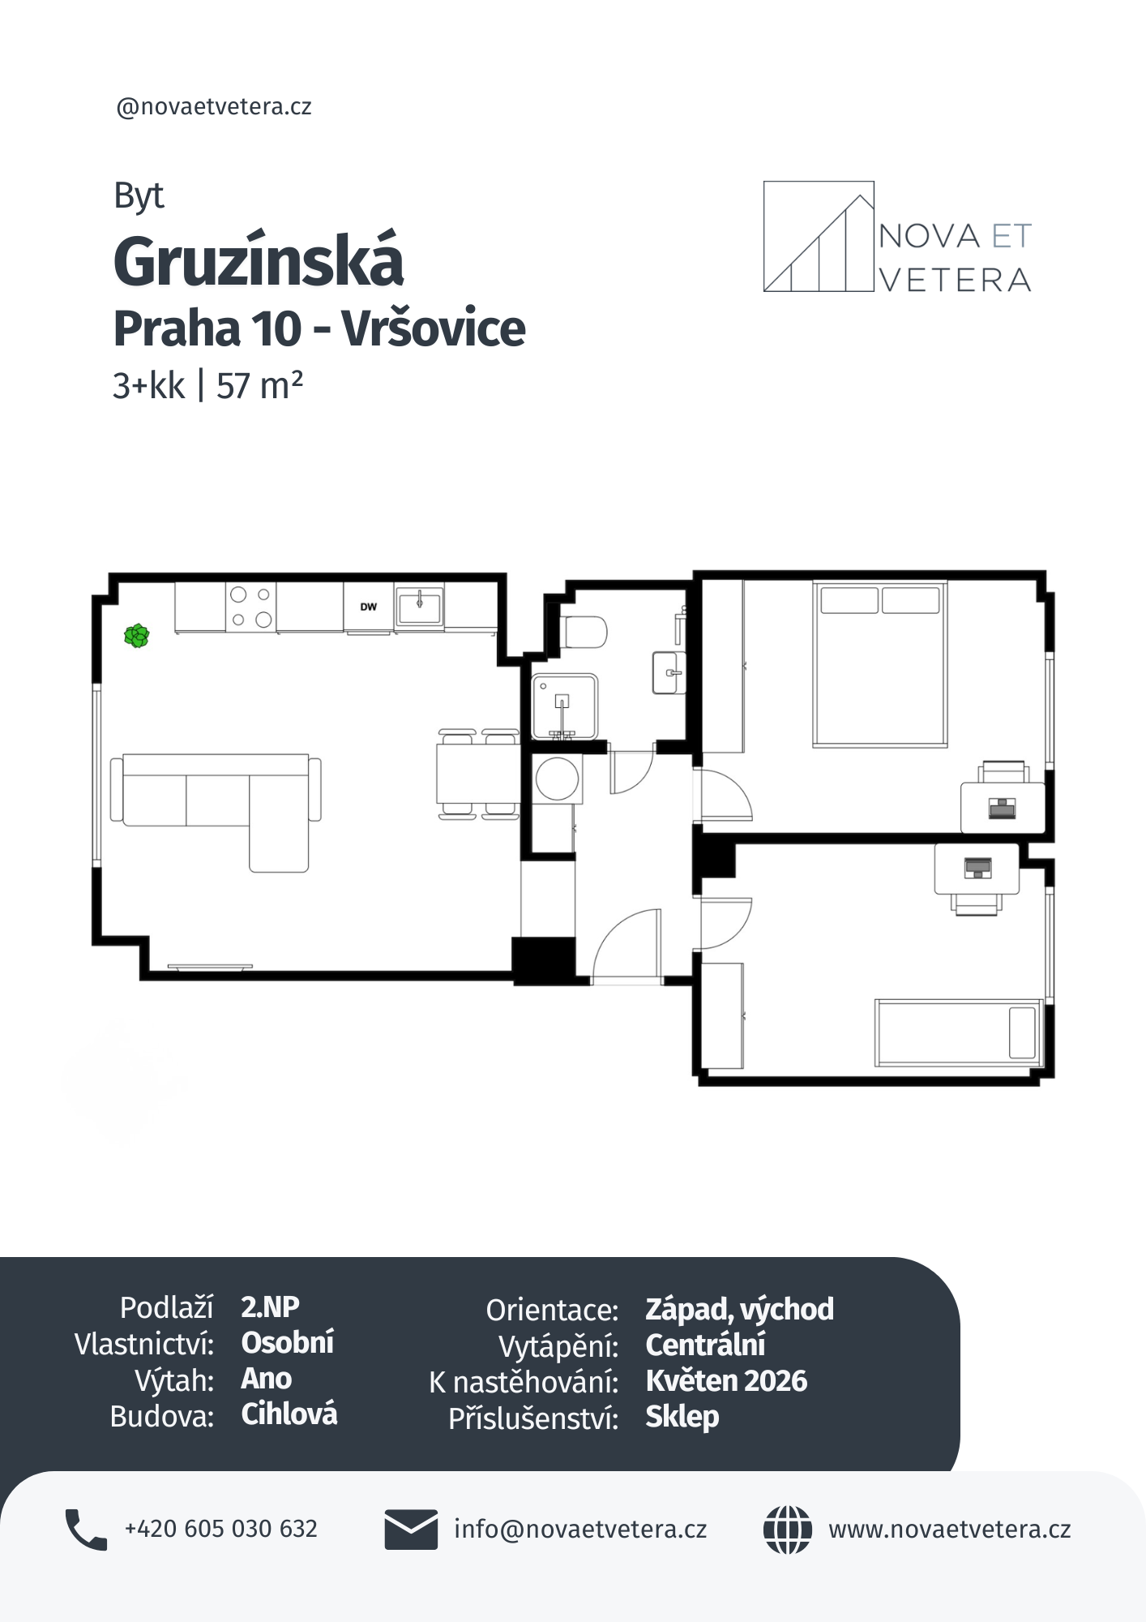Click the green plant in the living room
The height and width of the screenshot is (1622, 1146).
pos(136,636)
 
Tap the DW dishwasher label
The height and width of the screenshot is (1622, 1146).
pos(369,607)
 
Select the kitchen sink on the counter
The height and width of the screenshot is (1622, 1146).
pos(420,606)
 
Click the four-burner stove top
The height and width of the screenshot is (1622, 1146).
pos(250,607)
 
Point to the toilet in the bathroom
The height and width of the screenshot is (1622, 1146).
pos(585,632)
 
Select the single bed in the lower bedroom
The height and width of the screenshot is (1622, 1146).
pos(958,1032)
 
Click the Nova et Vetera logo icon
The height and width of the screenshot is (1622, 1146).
pos(819,236)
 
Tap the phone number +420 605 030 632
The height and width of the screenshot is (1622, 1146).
pos(220,1529)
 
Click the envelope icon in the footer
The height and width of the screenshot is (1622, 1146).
pos(411,1529)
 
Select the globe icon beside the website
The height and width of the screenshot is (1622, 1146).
pos(787,1530)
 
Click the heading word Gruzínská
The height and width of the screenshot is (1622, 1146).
pos(259,261)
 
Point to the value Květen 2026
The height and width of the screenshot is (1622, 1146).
pos(726,1381)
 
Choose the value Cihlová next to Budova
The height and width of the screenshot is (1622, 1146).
pos(289,1414)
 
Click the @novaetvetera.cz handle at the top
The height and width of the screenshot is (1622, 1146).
pos(214,107)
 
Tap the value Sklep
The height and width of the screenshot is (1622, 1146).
pos(682,1418)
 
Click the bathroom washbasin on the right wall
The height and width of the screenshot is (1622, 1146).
pos(669,672)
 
